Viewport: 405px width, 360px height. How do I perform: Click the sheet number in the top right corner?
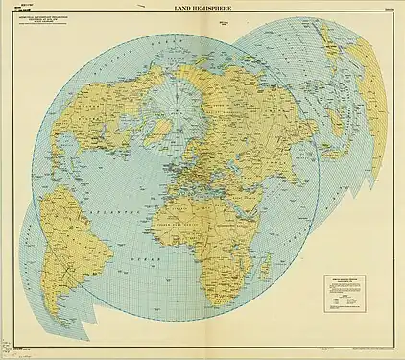coord(388,10)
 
